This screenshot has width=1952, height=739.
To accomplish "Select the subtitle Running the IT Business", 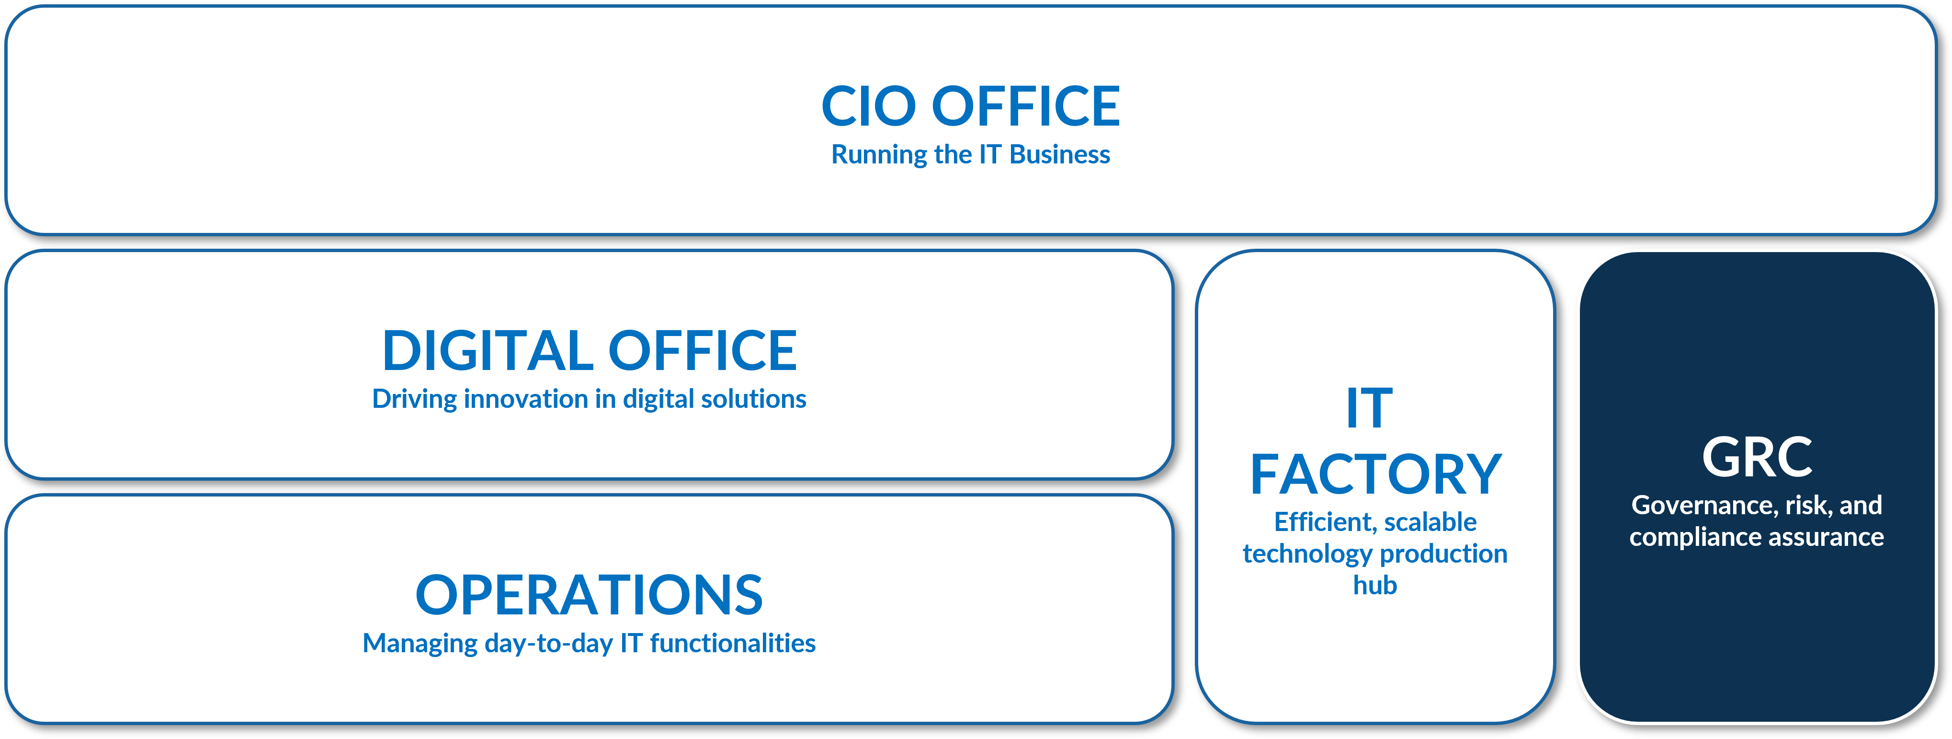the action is click(x=971, y=155).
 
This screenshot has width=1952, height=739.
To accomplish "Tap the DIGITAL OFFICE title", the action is click(x=590, y=350).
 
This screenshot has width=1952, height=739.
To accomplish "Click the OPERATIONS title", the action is click(x=590, y=595).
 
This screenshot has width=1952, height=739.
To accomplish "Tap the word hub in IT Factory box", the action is click(x=1375, y=585).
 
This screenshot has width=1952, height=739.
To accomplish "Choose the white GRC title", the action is click(x=1757, y=457).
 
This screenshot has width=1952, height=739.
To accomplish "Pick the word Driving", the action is click(x=415, y=399).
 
